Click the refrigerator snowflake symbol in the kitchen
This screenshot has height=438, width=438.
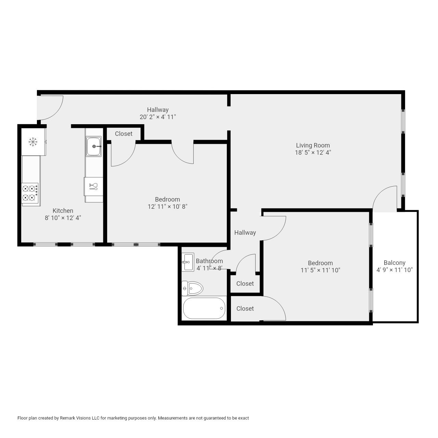point(33,142)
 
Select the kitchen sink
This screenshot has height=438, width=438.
point(93,146)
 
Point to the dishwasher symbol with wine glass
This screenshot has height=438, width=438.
point(93,186)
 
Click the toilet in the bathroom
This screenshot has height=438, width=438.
point(192,288)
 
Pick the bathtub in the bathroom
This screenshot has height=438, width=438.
point(204,308)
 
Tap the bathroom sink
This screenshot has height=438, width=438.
point(188,262)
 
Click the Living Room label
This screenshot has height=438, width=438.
point(313,145)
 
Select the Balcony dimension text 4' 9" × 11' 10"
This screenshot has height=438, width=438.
point(395,270)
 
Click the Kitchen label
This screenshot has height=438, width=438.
point(63,211)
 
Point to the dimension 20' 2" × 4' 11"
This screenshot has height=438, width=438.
point(158,117)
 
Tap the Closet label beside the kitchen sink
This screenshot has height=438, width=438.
point(124,134)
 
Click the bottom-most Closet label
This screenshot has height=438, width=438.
point(245,309)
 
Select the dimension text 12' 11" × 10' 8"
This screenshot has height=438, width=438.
point(167,207)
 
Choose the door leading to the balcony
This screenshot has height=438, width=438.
point(385,198)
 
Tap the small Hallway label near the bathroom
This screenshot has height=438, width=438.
point(245,233)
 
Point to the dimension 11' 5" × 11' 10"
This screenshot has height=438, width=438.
point(320,270)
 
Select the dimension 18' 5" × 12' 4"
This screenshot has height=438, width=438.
point(313,153)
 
